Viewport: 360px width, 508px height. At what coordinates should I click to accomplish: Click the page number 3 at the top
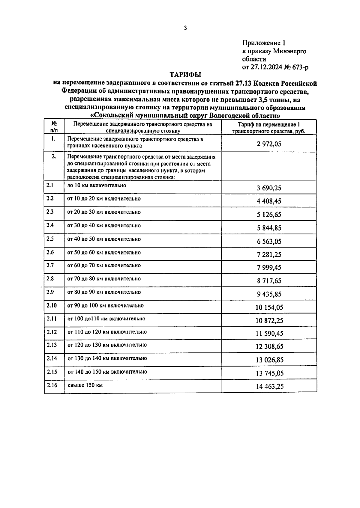coord(185,28)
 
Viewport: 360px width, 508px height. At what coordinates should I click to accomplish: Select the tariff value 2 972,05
coord(269,144)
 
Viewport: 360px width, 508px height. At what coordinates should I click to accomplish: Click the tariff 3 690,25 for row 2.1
coord(269,188)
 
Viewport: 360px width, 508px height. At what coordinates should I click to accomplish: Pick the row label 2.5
coord(50,239)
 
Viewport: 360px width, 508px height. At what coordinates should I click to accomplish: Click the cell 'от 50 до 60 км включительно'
coord(104,252)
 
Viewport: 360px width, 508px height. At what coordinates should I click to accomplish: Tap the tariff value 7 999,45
coord(269,268)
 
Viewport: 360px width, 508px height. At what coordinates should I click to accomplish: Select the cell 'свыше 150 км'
coord(85,385)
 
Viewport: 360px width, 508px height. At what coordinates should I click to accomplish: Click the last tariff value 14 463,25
coord(269,387)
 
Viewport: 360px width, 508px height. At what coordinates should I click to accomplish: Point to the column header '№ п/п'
coord(54,127)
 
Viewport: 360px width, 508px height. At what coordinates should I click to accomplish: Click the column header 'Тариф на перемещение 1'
coord(269,125)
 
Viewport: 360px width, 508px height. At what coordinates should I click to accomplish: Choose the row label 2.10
coord(51,305)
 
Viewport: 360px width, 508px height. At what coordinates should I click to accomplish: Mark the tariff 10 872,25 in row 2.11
coord(269,321)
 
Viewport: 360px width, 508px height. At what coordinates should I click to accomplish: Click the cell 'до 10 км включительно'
coord(97,186)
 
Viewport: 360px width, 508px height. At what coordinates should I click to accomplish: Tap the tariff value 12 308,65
coord(269,347)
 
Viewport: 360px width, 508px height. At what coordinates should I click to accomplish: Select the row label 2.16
coord(51,385)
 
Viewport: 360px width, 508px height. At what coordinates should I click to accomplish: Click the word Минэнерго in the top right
coord(289,51)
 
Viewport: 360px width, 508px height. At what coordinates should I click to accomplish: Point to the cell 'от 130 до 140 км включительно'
coord(107,358)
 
